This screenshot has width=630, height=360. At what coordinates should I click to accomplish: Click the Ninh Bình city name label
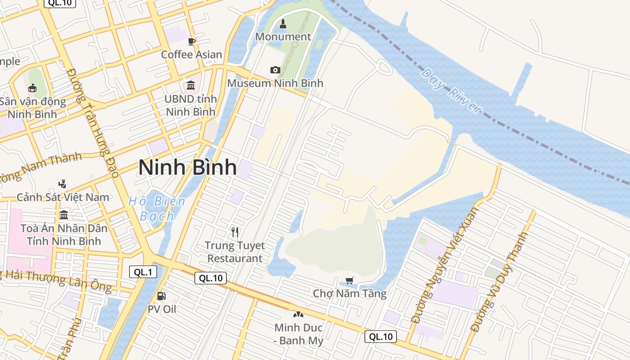tap(187, 167)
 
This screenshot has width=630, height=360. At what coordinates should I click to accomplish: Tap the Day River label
tap(451, 91)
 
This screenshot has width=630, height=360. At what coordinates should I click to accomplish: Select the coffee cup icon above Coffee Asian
tap(192, 42)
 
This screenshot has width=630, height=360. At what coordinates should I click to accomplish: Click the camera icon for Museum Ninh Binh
tap(275, 70)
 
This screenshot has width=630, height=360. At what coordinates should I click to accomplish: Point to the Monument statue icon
tap(283, 23)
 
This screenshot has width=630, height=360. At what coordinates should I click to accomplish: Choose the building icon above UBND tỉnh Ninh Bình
tap(191, 85)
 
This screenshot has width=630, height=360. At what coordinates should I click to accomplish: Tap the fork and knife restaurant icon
tap(234, 232)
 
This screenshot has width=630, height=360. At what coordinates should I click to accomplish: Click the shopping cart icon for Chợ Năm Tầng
tap(350, 280)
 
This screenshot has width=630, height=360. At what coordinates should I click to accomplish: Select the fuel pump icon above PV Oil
tap(161, 296)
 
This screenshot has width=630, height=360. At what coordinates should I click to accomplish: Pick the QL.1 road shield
tap(143, 272)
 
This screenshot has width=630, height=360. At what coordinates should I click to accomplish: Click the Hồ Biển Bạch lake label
tap(157, 208)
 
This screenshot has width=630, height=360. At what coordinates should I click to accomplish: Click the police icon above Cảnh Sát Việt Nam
tap(63, 184)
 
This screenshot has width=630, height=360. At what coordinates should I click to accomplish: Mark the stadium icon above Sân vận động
tap(32, 88)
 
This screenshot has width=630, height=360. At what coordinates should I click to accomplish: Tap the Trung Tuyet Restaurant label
tap(234, 252)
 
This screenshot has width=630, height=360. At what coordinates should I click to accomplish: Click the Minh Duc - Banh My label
tap(298, 334)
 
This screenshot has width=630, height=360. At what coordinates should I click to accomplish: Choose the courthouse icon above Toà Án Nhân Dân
tap(63, 215)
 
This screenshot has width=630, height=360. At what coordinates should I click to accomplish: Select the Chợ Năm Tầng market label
tap(350, 294)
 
